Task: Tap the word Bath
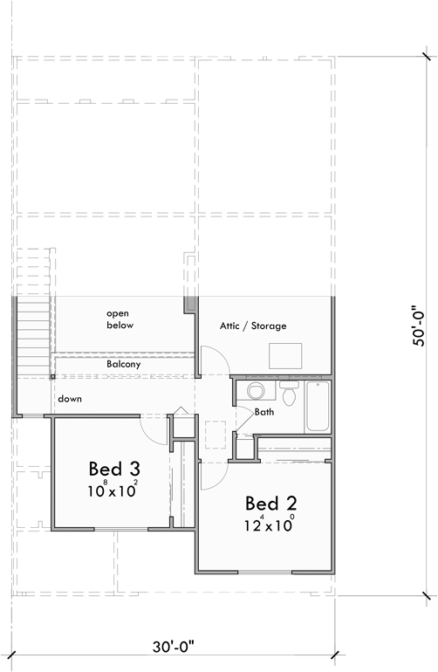click(265, 412)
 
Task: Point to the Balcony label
click(124, 364)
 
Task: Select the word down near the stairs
click(71, 399)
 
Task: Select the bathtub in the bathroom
click(318, 406)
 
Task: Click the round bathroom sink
click(254, 389)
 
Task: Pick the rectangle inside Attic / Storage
click(285, 355)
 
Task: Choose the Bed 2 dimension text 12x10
click(269, 526)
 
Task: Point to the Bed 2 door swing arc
click(213, 474)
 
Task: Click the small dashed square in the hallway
click(216, 435)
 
